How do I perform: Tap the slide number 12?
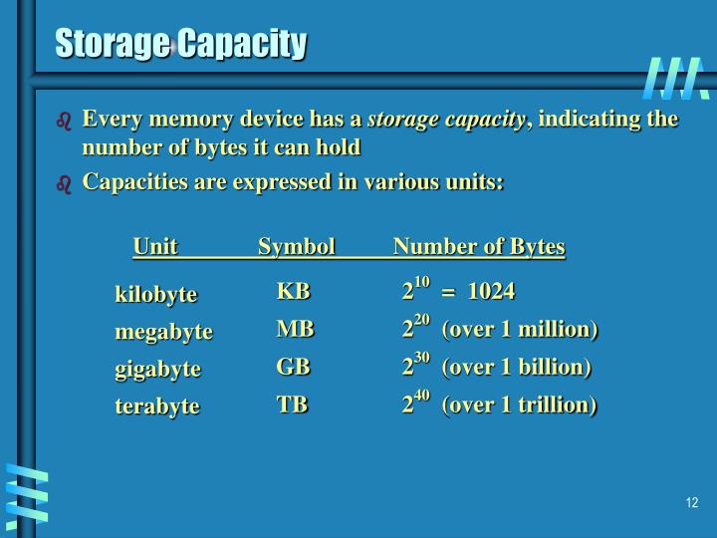tap(692, 502)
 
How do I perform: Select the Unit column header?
tap(155, 246)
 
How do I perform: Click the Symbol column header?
tap(296, 246)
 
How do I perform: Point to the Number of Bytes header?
tap(479, 246)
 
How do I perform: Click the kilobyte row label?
tap(156, 294)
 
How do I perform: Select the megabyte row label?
tap(164, 331)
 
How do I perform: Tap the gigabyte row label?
tap(158, 369)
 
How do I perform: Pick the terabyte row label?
tap(157, 405)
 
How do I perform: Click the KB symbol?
tap(294, 291)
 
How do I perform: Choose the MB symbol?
tap(295, 329)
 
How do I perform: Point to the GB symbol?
tap(294, 366)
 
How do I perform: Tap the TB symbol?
tap(293, 403)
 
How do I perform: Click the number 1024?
tap(491, 291)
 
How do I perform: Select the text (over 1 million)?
tap(519, 329)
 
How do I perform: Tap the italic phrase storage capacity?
tap(446, 120)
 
